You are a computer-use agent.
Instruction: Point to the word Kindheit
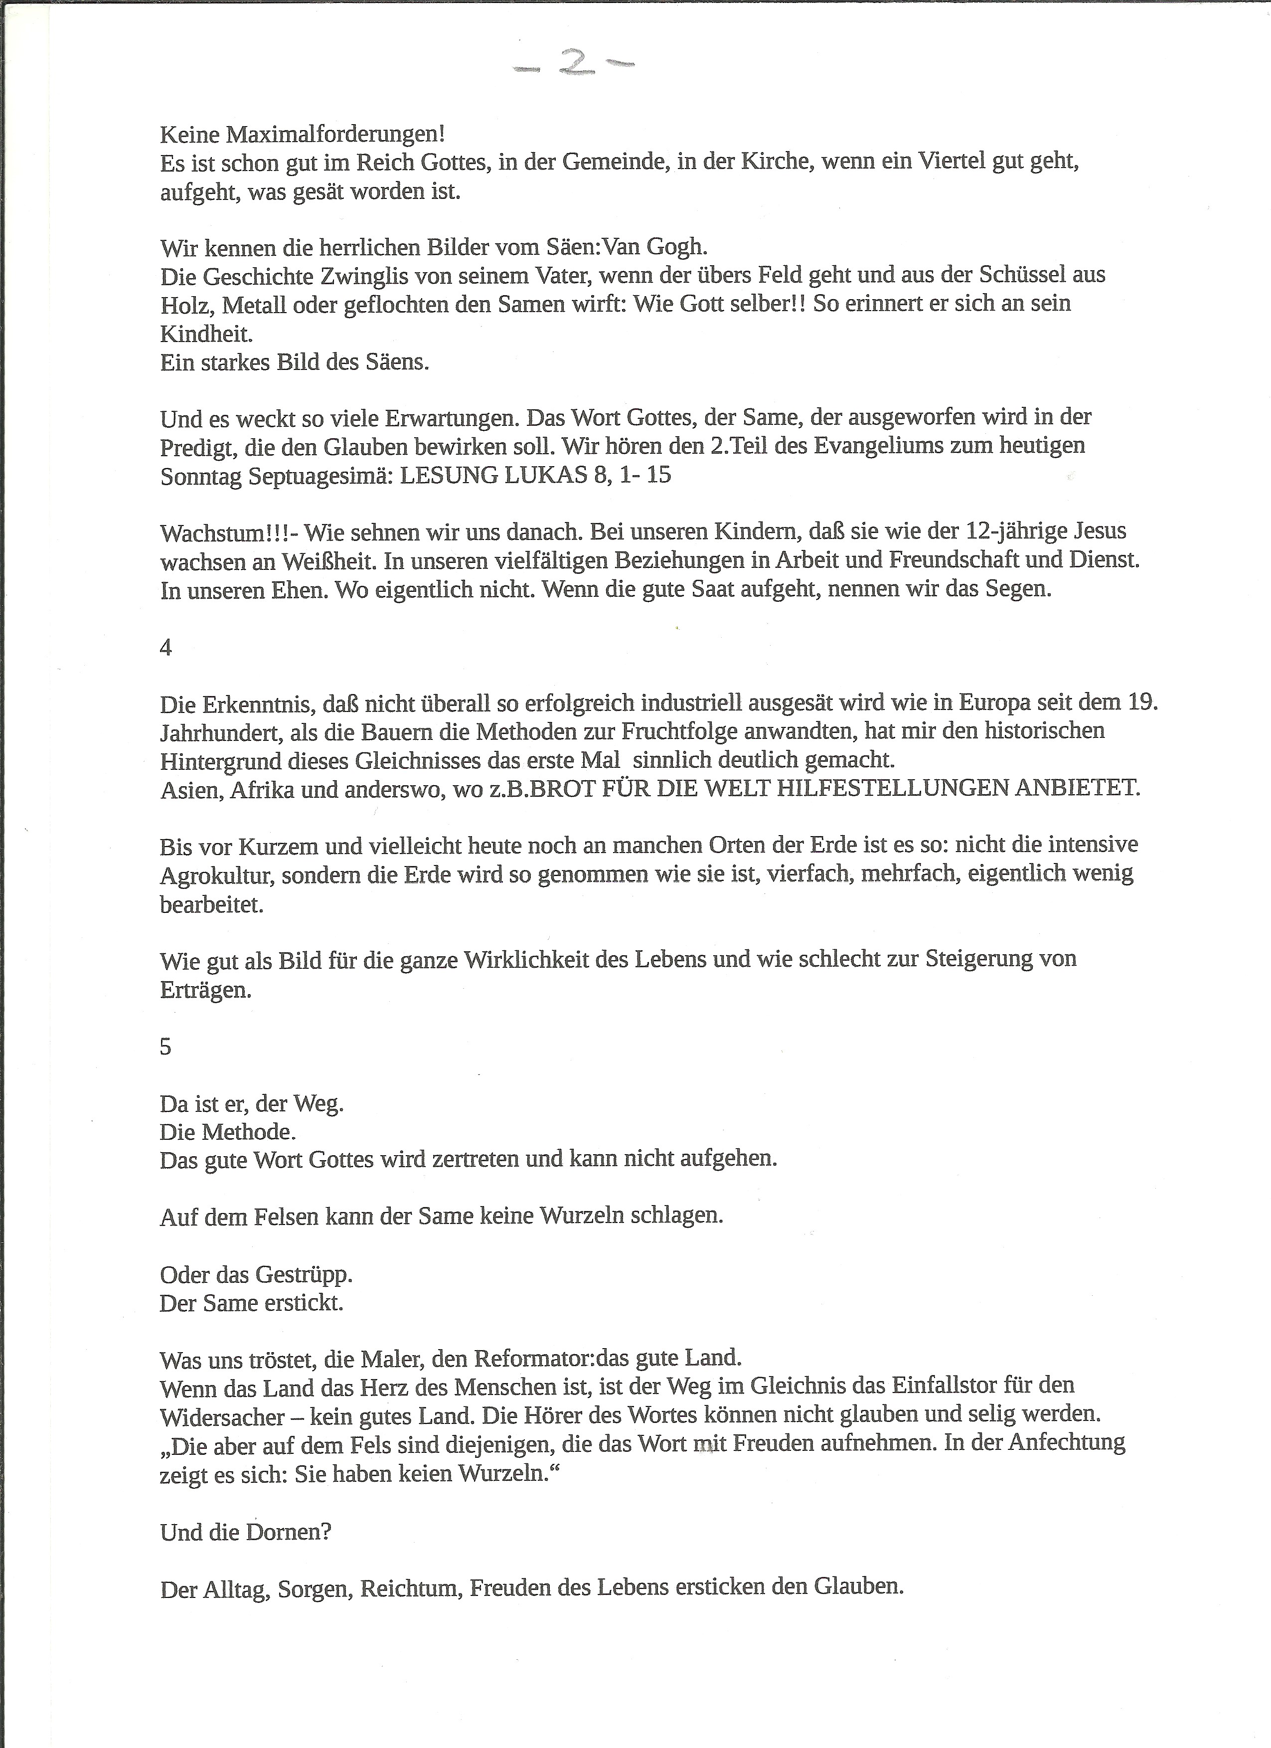(206, 334)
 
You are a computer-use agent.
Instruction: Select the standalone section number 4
(165, 648)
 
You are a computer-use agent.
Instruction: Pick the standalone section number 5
(165, 1047)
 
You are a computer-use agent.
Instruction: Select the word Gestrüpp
(303, 1275)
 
